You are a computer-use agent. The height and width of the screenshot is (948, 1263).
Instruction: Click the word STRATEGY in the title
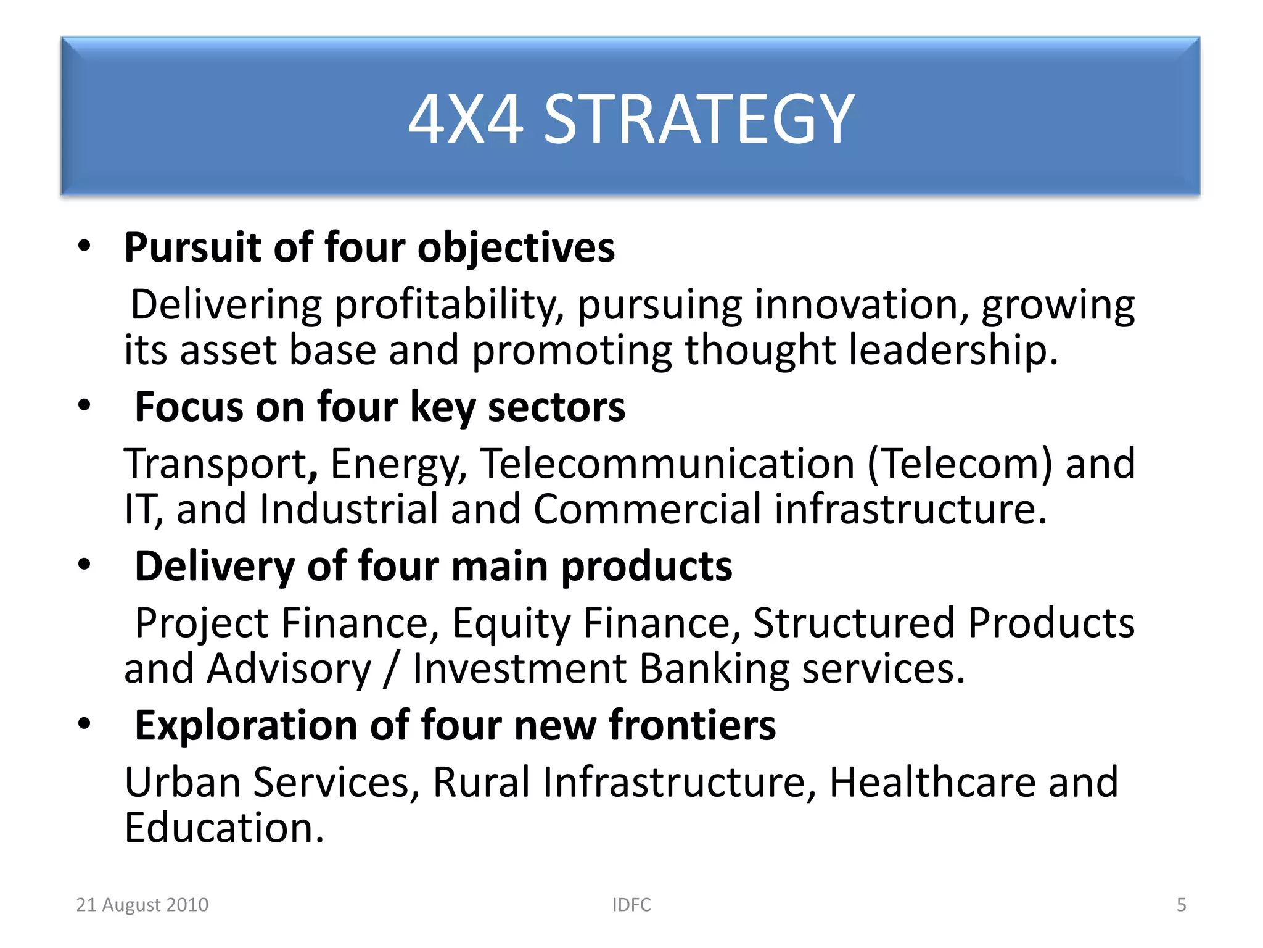click(699, 118)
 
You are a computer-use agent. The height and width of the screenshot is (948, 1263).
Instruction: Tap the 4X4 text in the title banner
click(466, 118)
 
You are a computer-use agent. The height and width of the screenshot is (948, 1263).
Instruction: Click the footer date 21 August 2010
click(142, 905)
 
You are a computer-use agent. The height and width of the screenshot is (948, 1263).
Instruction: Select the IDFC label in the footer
click(631, 905)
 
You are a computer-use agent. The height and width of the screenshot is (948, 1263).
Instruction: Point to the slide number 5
click(1181, 905)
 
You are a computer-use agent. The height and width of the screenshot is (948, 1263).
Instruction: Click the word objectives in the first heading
click(516, 248)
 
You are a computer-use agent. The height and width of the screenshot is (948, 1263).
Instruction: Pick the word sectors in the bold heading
click(556, 407)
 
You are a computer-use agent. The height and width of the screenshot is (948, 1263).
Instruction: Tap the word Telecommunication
click(668, 464)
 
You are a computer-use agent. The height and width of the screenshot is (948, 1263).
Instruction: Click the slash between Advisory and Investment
click(390, 669)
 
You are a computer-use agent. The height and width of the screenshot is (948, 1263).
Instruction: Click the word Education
click(223, 828)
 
